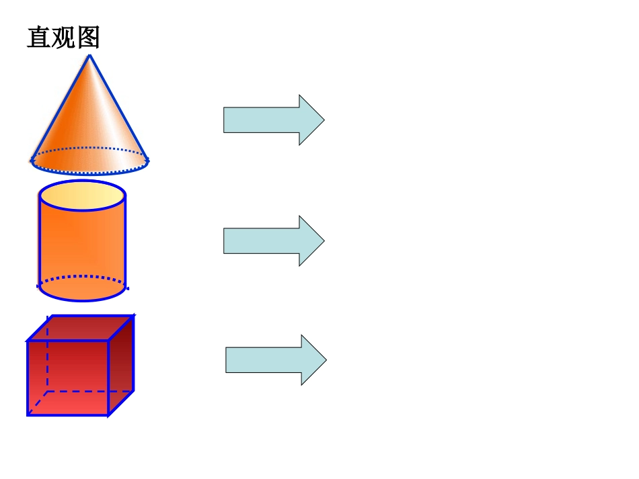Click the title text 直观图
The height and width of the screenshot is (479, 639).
(63, 38)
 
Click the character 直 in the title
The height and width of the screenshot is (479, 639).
(38, 38)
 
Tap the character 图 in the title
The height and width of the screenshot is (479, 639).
(88, 38)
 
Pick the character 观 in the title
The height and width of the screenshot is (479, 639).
(63, 38)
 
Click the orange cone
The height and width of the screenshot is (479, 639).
(89, 121)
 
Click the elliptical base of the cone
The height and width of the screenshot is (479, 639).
(89, 161)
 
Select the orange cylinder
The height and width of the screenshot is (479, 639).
(82, 242)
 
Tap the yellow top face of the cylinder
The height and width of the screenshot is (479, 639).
(82, 195)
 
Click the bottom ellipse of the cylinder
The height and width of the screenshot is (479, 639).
(82, 288)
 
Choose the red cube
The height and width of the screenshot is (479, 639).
(79, 366)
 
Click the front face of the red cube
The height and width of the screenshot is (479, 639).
(67, 378)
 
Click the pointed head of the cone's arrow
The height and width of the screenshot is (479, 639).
(315, 120)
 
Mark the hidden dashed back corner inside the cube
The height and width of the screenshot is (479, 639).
(48, 390)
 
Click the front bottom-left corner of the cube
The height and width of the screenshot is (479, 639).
(28, 415)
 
